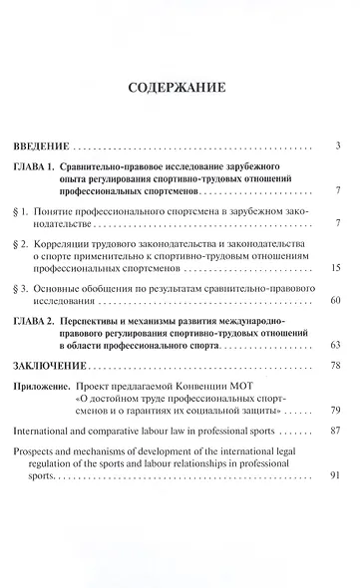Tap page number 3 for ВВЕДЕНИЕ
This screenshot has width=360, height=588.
coord(340,147)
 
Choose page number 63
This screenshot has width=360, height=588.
coord(337,344)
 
